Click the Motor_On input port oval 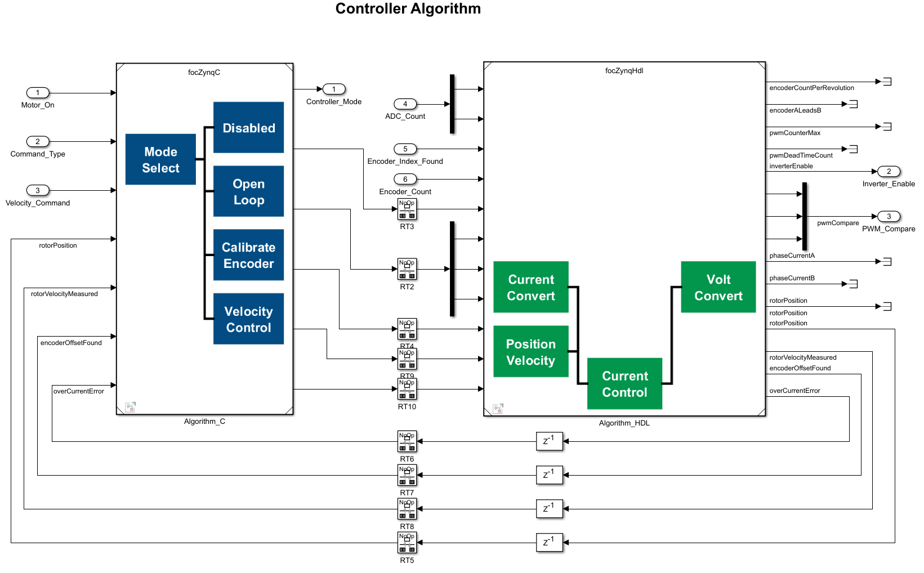(38, 93)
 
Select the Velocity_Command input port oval (38, 190)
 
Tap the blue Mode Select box (160, 159)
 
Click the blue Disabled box (248, 128)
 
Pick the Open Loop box (248, 191)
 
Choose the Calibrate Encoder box (248, 255)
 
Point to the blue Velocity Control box (248, 319)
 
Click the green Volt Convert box (718, 287)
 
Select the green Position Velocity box (530, 352)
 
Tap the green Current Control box (624, 384)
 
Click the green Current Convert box (530, 287)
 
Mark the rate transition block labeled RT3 (407, 209)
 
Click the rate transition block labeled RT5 (407, 543)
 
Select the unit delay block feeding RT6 (549, 441)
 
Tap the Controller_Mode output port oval (334, 89)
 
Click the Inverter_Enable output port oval (889, 172)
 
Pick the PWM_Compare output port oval (889, 217)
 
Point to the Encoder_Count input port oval (405, 179)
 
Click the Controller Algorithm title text (408, 9)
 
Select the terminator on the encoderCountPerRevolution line (887, 82)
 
